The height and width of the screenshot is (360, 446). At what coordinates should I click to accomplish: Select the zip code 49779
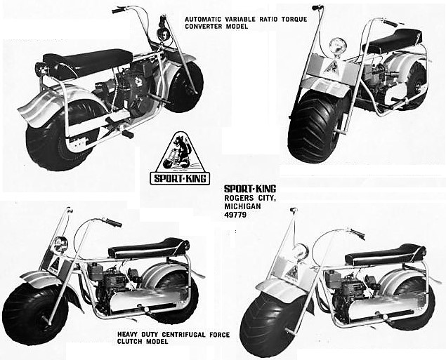235,215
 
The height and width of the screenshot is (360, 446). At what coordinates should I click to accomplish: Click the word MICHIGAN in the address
242,206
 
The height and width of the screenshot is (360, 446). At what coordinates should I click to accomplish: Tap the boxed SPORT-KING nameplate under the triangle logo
180,178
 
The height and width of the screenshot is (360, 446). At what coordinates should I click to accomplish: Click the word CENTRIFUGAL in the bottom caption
182,335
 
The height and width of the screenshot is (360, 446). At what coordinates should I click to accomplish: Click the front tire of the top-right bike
315,127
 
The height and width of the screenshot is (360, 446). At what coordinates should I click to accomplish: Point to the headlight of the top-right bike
337,46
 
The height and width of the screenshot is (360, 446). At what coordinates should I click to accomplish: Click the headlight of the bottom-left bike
60,244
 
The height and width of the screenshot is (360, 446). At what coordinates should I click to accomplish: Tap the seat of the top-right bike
395,40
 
